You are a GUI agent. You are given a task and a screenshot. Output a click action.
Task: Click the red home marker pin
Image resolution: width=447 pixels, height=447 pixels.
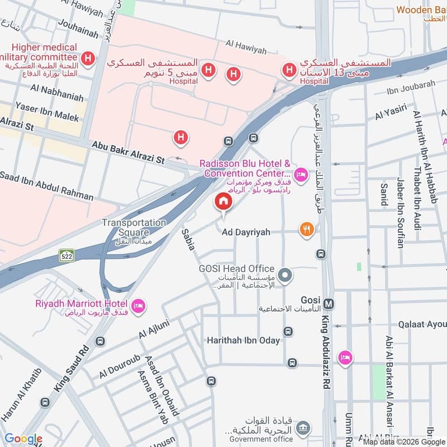pos(223,202)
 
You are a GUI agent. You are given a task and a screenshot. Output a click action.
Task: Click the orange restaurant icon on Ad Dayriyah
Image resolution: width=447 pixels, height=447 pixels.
pos(306,229)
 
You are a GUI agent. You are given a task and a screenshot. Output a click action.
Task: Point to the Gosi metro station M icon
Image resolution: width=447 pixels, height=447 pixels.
pos(330,303)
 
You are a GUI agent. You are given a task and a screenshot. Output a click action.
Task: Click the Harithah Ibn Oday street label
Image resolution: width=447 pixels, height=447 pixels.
pos(243,340)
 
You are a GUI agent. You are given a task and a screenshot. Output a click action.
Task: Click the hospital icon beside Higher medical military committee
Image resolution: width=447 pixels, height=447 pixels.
pos(88,58)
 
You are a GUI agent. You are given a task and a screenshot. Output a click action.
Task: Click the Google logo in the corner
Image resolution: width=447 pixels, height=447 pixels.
pos(23,439)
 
